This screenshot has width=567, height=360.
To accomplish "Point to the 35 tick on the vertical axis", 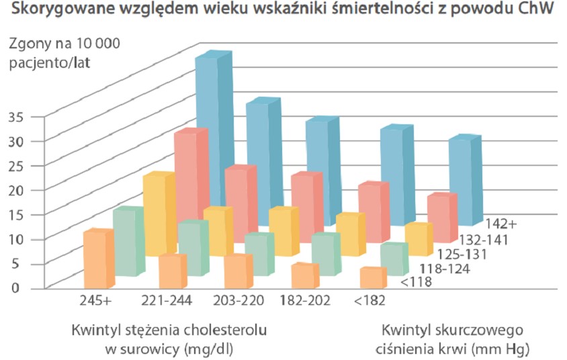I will tap(17, 116).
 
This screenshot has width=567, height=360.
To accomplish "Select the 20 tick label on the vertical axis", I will tap(17, 190).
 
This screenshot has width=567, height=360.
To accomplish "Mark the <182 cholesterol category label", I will tap(370, 302).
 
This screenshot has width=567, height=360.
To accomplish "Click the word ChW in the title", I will tap(536, 11).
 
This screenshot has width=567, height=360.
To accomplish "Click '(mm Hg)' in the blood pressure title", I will tap(505, 350).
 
